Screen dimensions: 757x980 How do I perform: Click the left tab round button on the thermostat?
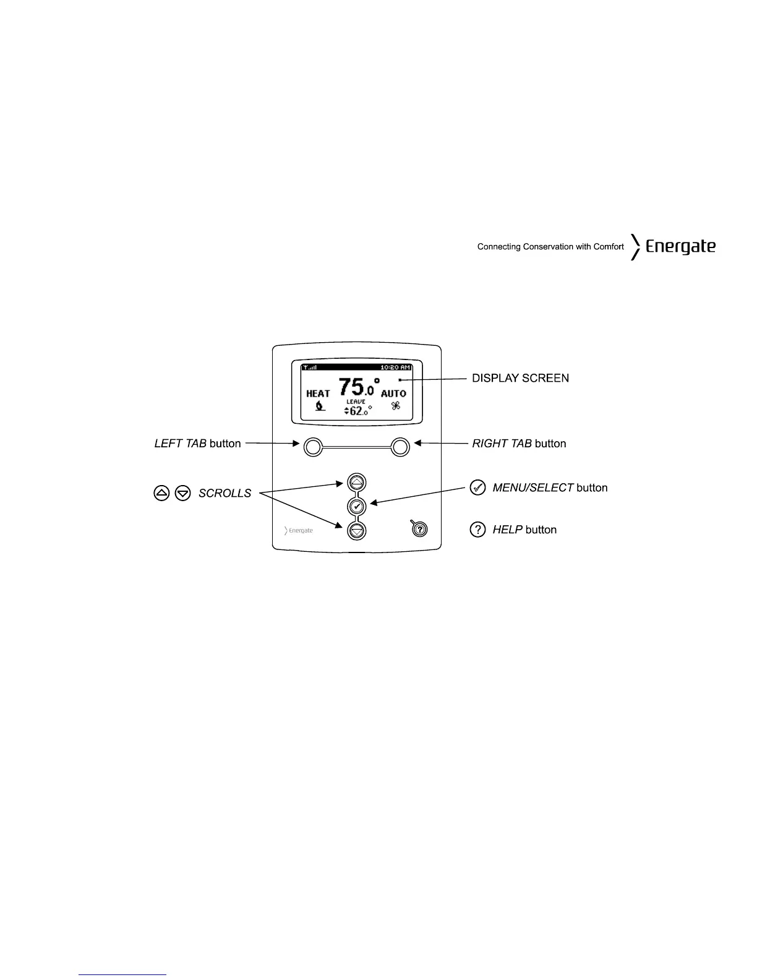point(314,447)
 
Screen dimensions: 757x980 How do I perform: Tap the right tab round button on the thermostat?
point(401,447)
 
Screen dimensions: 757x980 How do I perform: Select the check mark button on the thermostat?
point(357,507)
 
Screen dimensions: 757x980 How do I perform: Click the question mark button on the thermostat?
point(420,530)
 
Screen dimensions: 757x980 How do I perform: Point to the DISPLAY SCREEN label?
point(520,378)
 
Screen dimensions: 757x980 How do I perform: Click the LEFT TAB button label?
point(197,444)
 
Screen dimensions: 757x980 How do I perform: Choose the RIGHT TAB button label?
point(519,444)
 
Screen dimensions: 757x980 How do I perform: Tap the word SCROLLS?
point(225,494)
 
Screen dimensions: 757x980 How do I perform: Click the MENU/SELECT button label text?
point(550,488)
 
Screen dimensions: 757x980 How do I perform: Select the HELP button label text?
point(524,530)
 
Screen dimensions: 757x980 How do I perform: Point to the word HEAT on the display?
point(318,393)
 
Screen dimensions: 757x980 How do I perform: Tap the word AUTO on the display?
point(393,393)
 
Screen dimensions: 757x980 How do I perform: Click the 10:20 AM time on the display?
point(395,367)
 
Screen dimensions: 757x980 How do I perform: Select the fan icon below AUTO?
point(396,406)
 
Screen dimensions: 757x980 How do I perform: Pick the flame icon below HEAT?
point(320,406)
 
